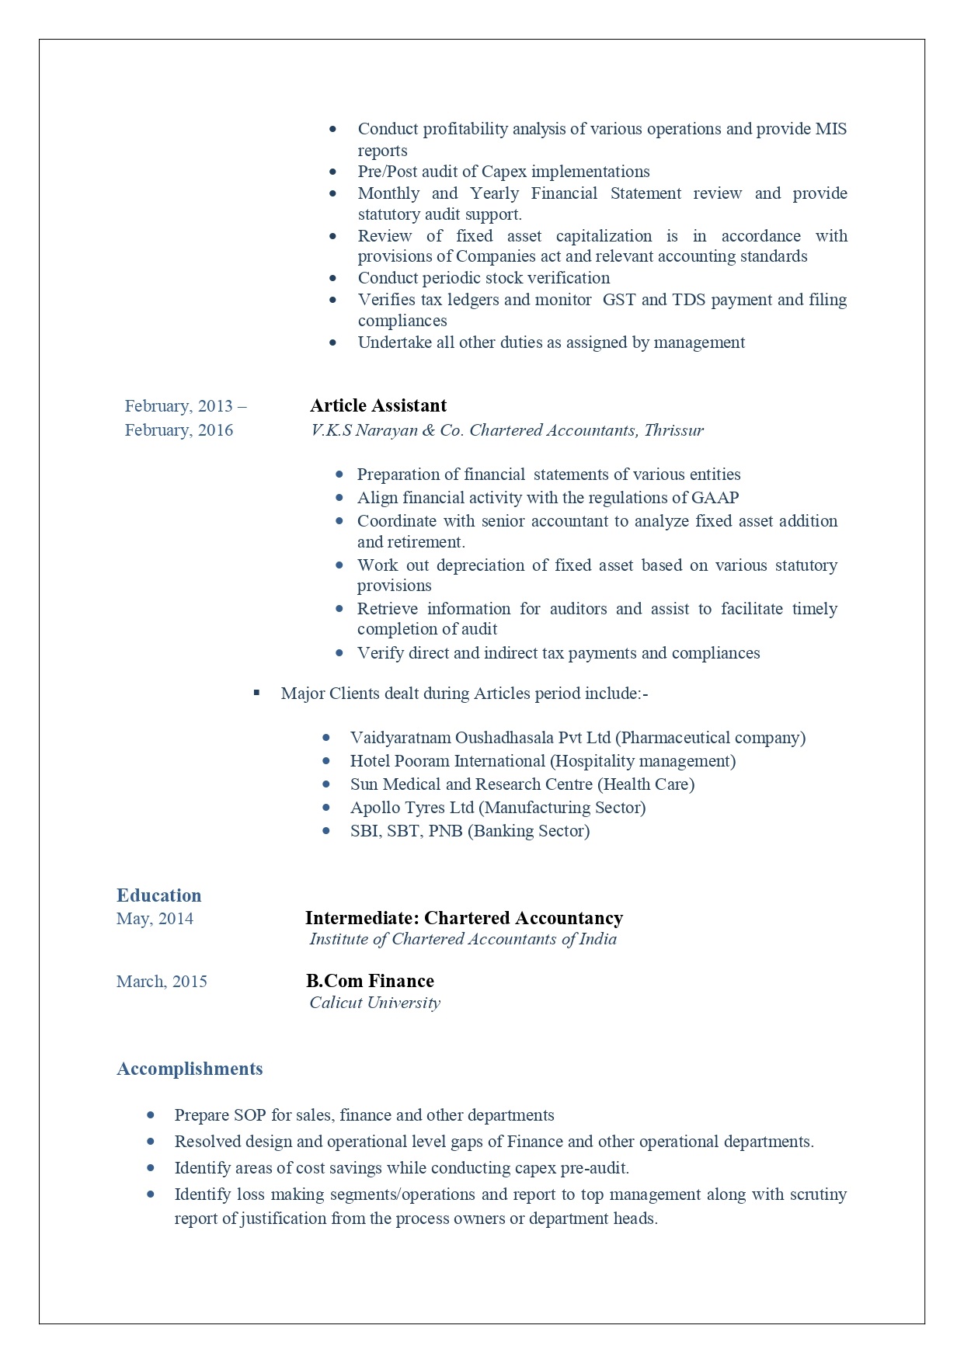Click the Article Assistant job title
378,405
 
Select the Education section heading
158,895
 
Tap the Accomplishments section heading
190,1069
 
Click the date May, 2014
155,919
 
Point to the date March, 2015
162,982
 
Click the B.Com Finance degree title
370,981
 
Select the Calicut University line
374,1003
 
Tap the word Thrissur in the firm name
673,430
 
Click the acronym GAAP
715,498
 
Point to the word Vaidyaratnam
400,738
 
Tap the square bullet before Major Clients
256,693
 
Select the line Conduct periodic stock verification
483,278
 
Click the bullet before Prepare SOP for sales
151,1115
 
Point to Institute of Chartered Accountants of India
463,939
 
